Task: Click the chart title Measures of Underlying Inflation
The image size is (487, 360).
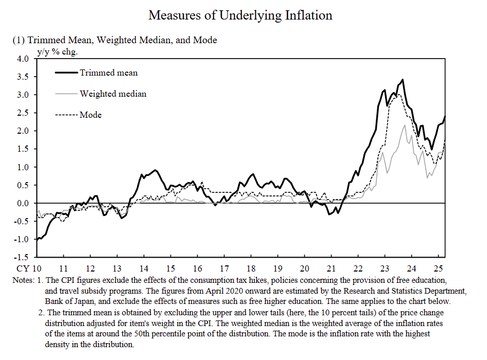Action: pyautogui.click(x=240, y=15)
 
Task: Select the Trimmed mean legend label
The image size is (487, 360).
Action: pyautogui.click(x=109, y=73)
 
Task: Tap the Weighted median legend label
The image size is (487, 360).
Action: pyautogui.click(x=113, y=94)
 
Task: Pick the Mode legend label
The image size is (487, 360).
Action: pyautogui.click(x=91, y=115)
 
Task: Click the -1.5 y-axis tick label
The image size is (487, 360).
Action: pyautogui.click(x=21, y=257)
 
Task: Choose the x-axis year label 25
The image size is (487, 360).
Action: pyautogui.click(x=438, y=268)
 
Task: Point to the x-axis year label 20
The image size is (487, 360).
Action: pyautogui.click(x=304, y=268)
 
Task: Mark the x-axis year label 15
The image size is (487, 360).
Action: pyautogui.click(x=170, y=268)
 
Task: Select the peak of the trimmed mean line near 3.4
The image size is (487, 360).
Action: pyautogui.click(x=403, y=80)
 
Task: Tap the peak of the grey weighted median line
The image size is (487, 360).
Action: pyautogui.click(x=405, y=125)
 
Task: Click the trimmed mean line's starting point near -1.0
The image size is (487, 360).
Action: pyautogui.click(x=37, y=239)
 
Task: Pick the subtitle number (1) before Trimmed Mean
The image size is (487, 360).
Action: pyautogui.click(x=18, y=40)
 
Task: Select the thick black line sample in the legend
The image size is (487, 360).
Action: pyautogui.click(x=67, y=73)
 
